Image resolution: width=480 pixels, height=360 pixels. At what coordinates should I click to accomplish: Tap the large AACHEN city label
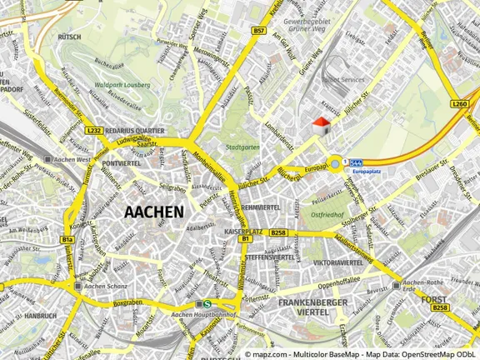(153, 212)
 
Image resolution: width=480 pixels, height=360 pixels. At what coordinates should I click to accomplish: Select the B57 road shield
(260, 31)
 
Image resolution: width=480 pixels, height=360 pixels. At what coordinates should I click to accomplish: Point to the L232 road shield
(93, 130)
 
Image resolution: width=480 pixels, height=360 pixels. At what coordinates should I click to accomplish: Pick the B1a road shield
(67, 240)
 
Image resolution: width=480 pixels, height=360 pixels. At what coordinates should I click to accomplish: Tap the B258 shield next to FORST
(439, 308)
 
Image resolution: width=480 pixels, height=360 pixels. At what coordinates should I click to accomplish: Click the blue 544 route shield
(357, 161)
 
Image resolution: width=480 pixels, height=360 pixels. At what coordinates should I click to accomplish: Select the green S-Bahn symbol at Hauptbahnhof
(206, 303)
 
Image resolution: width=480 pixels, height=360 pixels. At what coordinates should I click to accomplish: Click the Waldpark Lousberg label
(123, 85)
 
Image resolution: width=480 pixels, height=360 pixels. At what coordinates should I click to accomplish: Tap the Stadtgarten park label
(242, 148)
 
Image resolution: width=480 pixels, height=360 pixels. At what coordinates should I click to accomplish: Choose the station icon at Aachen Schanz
(77, 286)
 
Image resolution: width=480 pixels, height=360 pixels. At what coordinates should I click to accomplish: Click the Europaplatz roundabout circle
(335, 163)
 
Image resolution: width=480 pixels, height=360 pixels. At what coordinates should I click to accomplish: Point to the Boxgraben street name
(123, 302)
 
